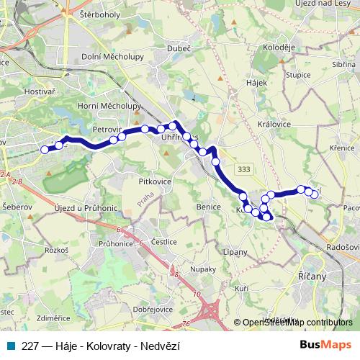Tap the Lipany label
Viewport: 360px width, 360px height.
pos(235,253)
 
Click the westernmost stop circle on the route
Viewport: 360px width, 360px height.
pos(45,150)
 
